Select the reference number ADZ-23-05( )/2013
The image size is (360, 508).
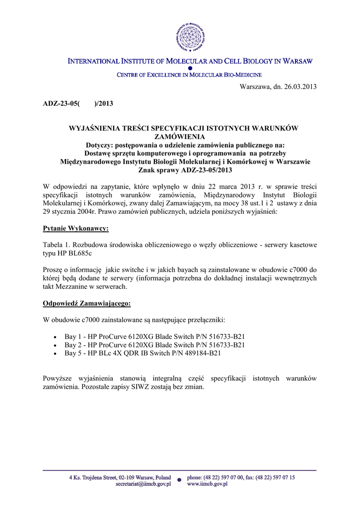77,104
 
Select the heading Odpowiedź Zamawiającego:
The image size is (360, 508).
87,303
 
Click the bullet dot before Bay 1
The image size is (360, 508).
55,337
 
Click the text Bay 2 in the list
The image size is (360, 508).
73,345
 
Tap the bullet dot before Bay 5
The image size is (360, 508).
55,354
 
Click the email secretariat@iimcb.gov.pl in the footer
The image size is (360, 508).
143,484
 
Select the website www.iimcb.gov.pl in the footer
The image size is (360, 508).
207,484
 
